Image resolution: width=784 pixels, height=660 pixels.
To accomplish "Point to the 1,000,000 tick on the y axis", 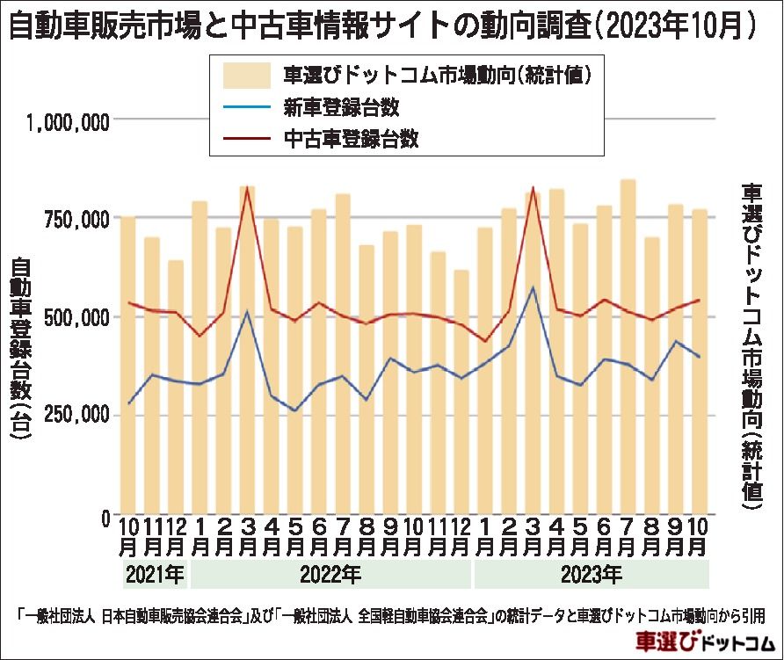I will click(x=68, y=121).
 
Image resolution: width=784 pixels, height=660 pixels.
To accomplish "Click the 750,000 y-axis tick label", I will click(x=74, y=219).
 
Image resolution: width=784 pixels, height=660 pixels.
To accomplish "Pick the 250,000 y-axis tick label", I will click(x=74, y=415).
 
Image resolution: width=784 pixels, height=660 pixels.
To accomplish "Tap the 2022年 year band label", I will click(x=330, y=577).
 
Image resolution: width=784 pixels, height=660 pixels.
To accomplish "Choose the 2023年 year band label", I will click(x=592, y=577).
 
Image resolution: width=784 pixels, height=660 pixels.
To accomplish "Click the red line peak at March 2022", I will click(x=248, y=187).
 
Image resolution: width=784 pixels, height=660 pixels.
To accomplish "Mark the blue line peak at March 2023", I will click(x=533, y=288).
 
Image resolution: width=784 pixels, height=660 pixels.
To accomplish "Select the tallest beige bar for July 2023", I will click(x=628, y=352).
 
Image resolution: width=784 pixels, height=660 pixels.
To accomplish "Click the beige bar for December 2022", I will click(x=461, y=395).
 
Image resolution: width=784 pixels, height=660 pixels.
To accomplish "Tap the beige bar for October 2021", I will click(x=128, y=369).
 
